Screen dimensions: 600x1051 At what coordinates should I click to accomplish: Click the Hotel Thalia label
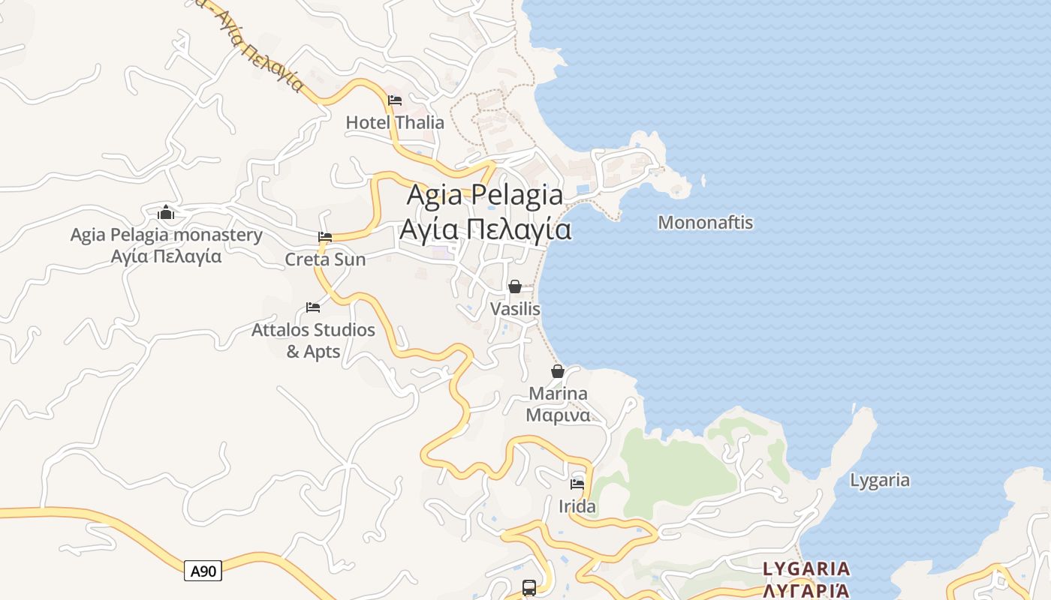click(395, 122)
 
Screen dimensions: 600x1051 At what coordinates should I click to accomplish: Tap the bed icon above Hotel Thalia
click(395, 100)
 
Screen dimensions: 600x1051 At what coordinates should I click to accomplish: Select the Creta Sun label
click(325, 259)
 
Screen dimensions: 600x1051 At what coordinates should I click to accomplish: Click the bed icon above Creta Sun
click(325, 237)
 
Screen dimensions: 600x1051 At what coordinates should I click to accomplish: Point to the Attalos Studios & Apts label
click(313, 340)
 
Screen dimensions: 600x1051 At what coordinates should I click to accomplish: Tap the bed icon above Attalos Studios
click(313, 307)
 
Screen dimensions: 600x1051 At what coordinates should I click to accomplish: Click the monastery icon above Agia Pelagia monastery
click(167, 213)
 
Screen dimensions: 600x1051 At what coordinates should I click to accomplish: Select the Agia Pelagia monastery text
click(167, 235)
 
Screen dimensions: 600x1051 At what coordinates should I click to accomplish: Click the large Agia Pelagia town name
click(485, 195)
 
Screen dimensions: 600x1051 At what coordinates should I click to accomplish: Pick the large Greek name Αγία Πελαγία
click(485, 229)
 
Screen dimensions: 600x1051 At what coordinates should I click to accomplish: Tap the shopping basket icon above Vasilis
click(515, 286)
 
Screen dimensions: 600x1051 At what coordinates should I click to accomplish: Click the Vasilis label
click(515, 309)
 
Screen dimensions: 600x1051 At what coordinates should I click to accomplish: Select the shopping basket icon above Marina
click(558, 371)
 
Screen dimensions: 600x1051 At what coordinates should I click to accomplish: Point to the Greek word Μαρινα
click(558, 415)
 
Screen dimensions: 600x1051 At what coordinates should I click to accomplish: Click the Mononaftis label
click(705, 223)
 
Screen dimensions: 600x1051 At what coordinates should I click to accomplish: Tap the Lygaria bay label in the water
click(880, 480)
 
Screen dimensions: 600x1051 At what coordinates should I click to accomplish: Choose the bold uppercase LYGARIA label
click(806, 568)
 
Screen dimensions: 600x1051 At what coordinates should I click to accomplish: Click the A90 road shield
click(203, 571)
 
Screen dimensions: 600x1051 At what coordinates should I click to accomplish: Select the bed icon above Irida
click(577, 484)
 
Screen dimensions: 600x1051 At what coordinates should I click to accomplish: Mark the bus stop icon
click(529, 587)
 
